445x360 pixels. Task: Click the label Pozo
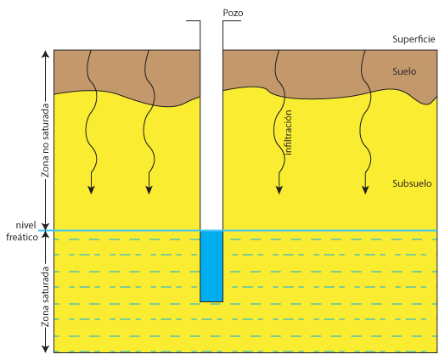233,13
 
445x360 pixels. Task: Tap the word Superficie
414,39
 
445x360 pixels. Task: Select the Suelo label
404,71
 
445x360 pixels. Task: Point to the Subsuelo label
412,183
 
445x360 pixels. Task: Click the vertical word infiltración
288,132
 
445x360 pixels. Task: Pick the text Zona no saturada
45,140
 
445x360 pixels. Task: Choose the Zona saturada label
45,296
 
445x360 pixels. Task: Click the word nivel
25,225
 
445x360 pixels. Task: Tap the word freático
22,237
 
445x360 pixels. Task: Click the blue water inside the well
211,266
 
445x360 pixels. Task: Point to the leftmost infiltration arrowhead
91,190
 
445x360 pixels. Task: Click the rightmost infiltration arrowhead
365,190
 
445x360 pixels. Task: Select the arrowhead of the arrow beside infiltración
279,190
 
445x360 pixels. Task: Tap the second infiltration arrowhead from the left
149,190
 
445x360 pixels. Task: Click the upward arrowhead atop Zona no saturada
45,53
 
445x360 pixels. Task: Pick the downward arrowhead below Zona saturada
45,349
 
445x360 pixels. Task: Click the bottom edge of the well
211,301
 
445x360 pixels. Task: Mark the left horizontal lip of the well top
194,21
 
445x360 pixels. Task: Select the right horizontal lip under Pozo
232,21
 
